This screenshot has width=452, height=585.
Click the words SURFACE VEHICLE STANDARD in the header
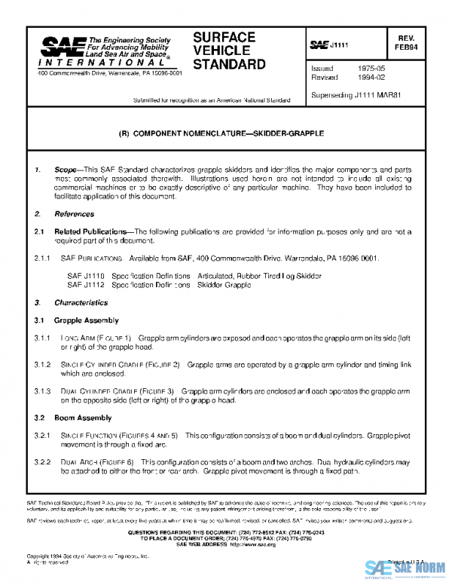tap(224, 51)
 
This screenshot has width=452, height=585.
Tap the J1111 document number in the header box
tap(336, 46)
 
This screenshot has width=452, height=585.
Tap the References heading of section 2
tap(69, 215)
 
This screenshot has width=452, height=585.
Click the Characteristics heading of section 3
tap(81, 302)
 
